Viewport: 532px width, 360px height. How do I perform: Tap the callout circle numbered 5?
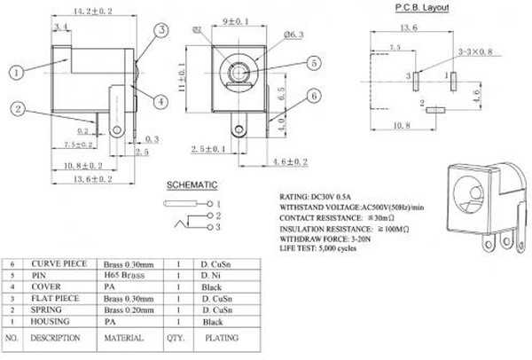coord(315,63)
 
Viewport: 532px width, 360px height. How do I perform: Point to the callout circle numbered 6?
coord(315,97)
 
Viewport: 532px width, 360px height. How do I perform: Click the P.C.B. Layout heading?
coord(421,8)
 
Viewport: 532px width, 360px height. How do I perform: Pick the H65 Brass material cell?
coord(123,276)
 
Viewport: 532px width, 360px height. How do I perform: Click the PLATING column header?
coord(222,338)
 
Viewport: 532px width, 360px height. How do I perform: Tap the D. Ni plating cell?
coord(211,276)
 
